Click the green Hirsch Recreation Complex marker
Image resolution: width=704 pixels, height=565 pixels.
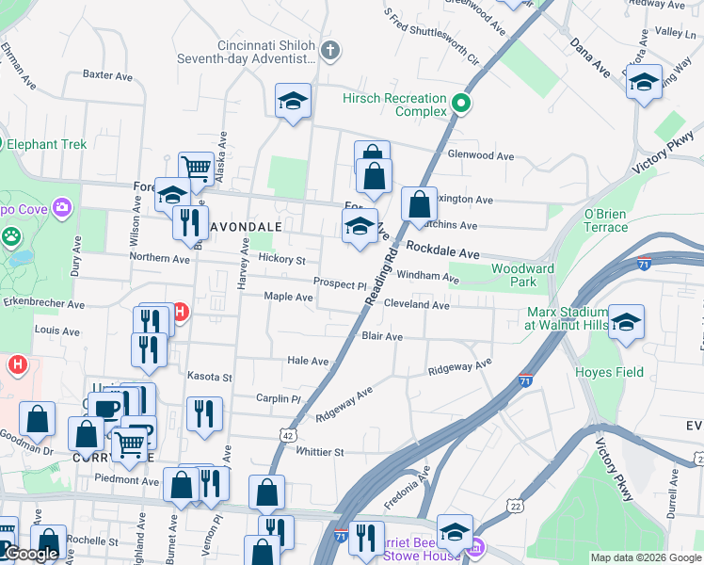[461, 104]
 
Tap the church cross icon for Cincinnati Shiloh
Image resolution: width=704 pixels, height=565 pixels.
[329, 49]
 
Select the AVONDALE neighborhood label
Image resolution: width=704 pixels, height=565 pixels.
[248, 228]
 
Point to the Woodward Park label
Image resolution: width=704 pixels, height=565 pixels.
[513, 275]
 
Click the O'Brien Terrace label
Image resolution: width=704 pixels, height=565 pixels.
[605, 220]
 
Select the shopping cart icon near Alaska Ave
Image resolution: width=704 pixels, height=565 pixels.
[196, 168]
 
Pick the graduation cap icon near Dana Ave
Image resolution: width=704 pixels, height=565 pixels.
[645, 83]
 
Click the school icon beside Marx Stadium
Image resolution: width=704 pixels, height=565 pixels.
[626, 322]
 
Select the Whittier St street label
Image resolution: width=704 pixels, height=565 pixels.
[320, 452]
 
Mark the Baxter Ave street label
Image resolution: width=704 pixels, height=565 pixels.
[108, 74]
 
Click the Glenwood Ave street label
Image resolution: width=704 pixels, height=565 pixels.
[480, 155]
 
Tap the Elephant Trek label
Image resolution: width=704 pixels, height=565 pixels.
[46, 144]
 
